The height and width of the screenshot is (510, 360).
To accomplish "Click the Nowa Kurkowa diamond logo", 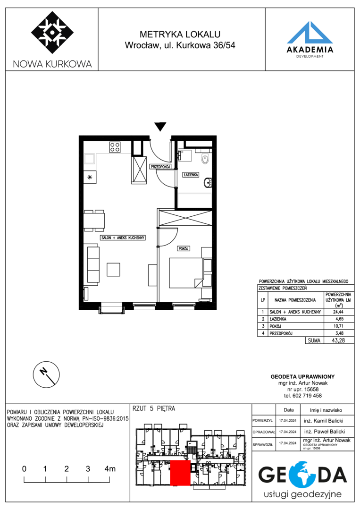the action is click(x=52, y=33).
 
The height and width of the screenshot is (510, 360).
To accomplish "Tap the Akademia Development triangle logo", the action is click(x=310, y=33).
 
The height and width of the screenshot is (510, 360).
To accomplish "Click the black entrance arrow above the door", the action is click(x=160, y=127).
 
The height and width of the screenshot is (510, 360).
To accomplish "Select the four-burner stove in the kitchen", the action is click(x=115, y=147).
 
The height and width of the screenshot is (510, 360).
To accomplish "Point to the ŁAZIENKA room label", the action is click(x=191, y=175).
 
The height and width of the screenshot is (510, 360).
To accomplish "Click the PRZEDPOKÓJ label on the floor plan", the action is click(x=160, y=167).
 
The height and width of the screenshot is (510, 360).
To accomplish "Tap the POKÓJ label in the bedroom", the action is click(x=184, y=248).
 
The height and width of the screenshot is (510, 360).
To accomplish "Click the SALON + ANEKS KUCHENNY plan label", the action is click(x=123, y=238).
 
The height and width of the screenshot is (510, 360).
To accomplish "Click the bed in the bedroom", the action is click(x=186, y=273).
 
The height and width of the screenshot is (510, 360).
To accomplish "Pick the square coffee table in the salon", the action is click(x=113, y=270).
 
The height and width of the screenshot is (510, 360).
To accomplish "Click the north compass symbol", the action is click(x=46, y=374).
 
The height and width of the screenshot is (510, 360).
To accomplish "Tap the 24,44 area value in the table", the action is click(x=338, y=312).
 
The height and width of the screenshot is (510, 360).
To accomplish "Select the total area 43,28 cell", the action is click(x=338, y=340).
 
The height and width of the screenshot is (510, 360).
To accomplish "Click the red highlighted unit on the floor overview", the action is click(x=180, y=473).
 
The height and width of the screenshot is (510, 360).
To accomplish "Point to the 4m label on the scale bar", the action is click(x=110, y=469).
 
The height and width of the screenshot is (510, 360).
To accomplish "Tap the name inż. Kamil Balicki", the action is click(x=324, y=421).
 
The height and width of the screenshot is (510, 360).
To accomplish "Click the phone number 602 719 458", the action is click(x=307, y=396).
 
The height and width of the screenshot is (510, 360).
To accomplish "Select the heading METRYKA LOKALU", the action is click(x=180, y=34).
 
